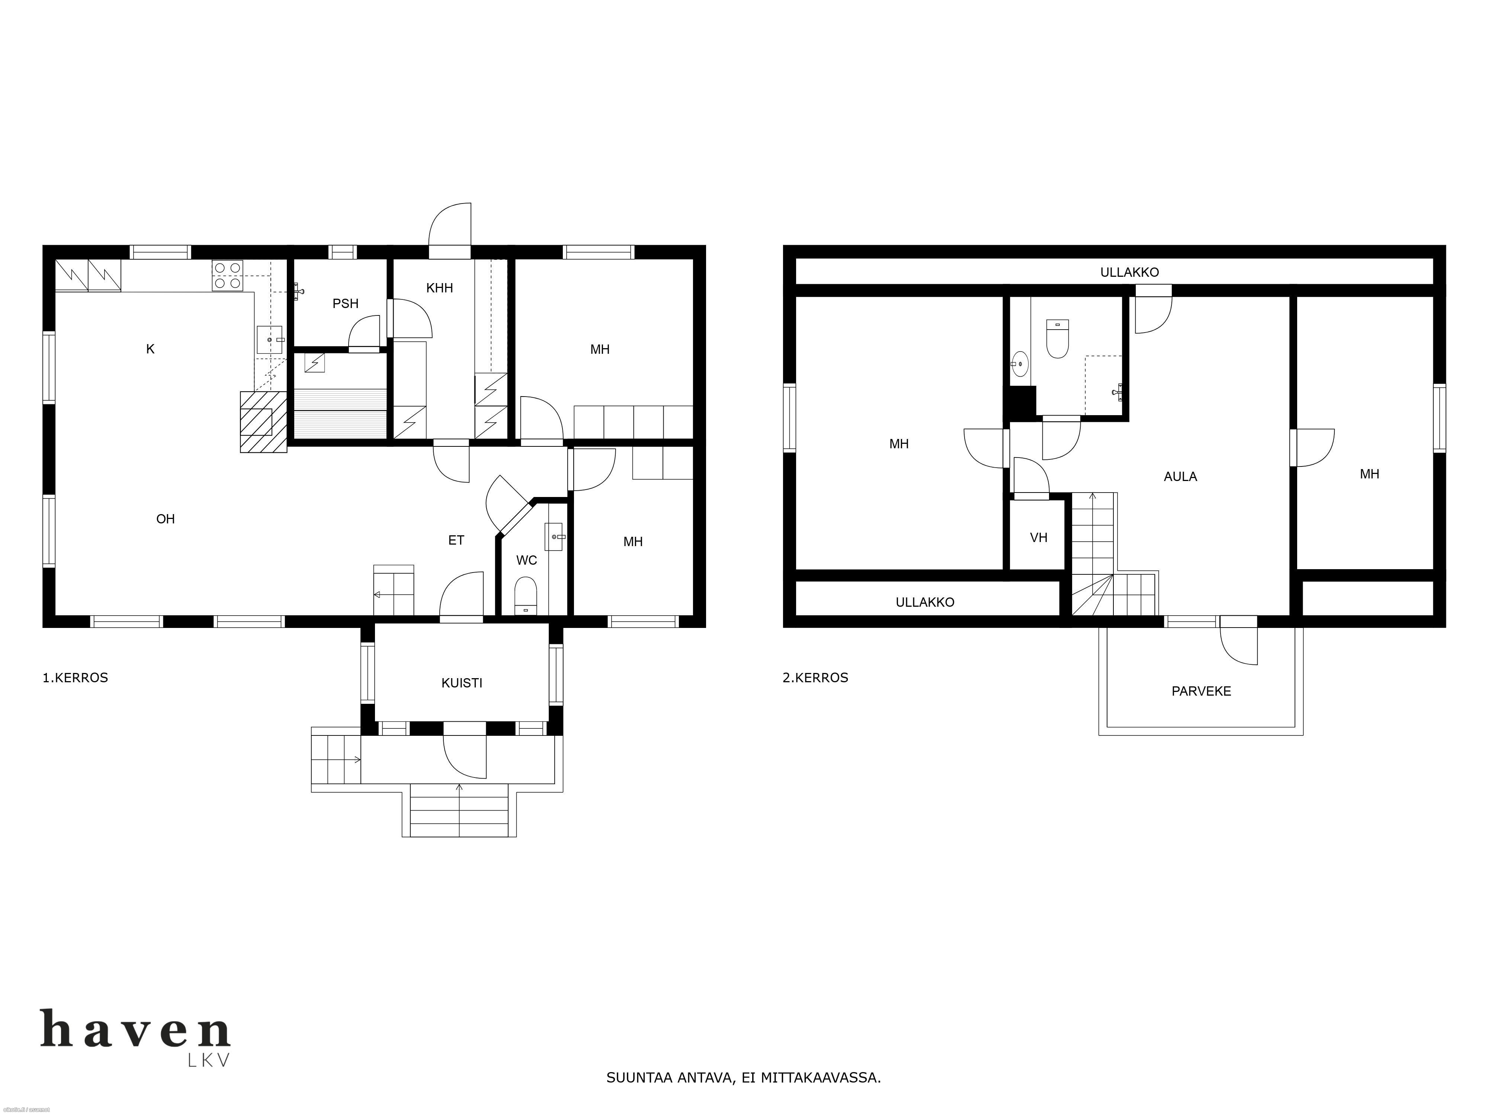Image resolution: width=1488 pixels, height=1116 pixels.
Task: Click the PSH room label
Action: [345, 304]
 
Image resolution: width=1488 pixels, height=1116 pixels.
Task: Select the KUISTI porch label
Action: [462, 683]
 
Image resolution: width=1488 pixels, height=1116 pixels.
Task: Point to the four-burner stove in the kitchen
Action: [227, 275]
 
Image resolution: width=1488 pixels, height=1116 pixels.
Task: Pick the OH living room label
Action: [166, 519]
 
